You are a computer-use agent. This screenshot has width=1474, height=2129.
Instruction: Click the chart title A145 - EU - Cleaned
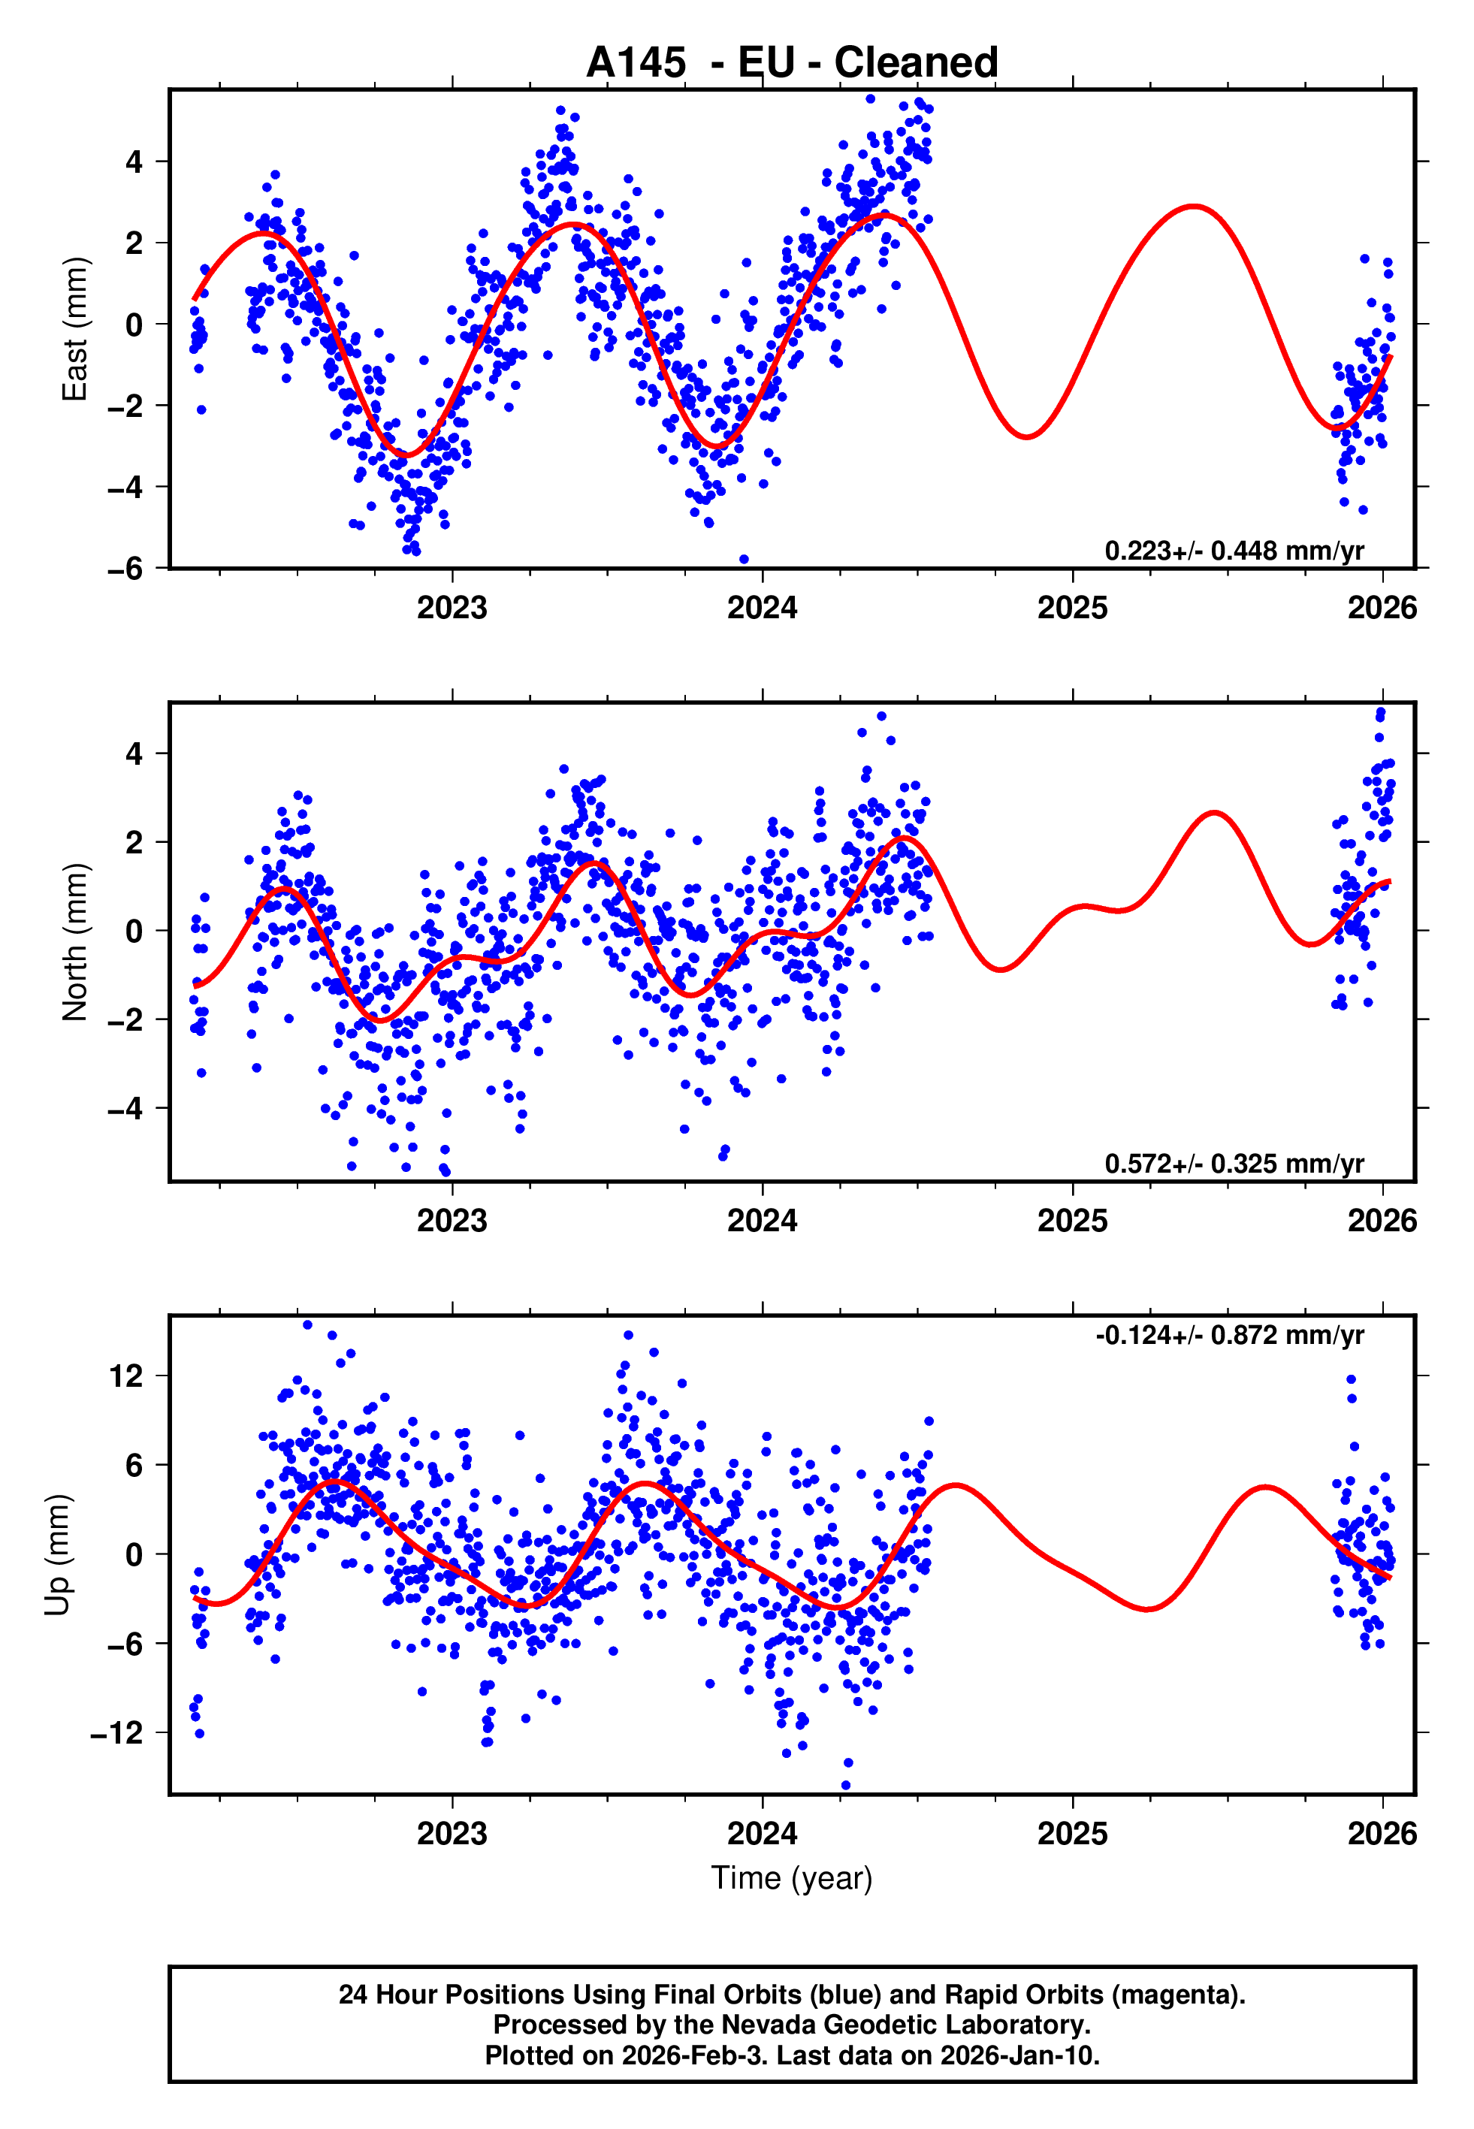point(792,63)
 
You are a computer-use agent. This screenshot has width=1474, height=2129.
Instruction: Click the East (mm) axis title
point(74,329)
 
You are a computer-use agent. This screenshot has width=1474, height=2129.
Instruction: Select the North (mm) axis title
point(74,942)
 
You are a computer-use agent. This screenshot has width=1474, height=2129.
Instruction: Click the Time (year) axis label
point(792,1879)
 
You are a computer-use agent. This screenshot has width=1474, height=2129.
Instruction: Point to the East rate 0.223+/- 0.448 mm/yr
point(1233,551)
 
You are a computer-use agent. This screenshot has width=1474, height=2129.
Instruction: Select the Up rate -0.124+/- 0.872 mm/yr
point(1229,1335)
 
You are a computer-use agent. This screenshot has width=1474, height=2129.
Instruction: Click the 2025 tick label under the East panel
point(1071,609)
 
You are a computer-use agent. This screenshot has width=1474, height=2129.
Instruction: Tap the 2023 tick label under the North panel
point(452,1221)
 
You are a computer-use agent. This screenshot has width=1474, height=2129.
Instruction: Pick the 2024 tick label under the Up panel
point(762,1834)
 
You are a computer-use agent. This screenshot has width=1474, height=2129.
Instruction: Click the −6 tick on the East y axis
point(125,569)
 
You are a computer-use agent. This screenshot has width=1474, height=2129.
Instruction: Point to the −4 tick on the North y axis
point(125,1108)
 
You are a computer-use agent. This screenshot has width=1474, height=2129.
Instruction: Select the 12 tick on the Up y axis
point(126,1376)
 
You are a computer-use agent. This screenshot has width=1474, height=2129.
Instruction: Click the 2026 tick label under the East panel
point(1382,609)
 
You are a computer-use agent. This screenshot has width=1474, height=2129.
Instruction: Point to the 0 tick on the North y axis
point(134,931)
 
